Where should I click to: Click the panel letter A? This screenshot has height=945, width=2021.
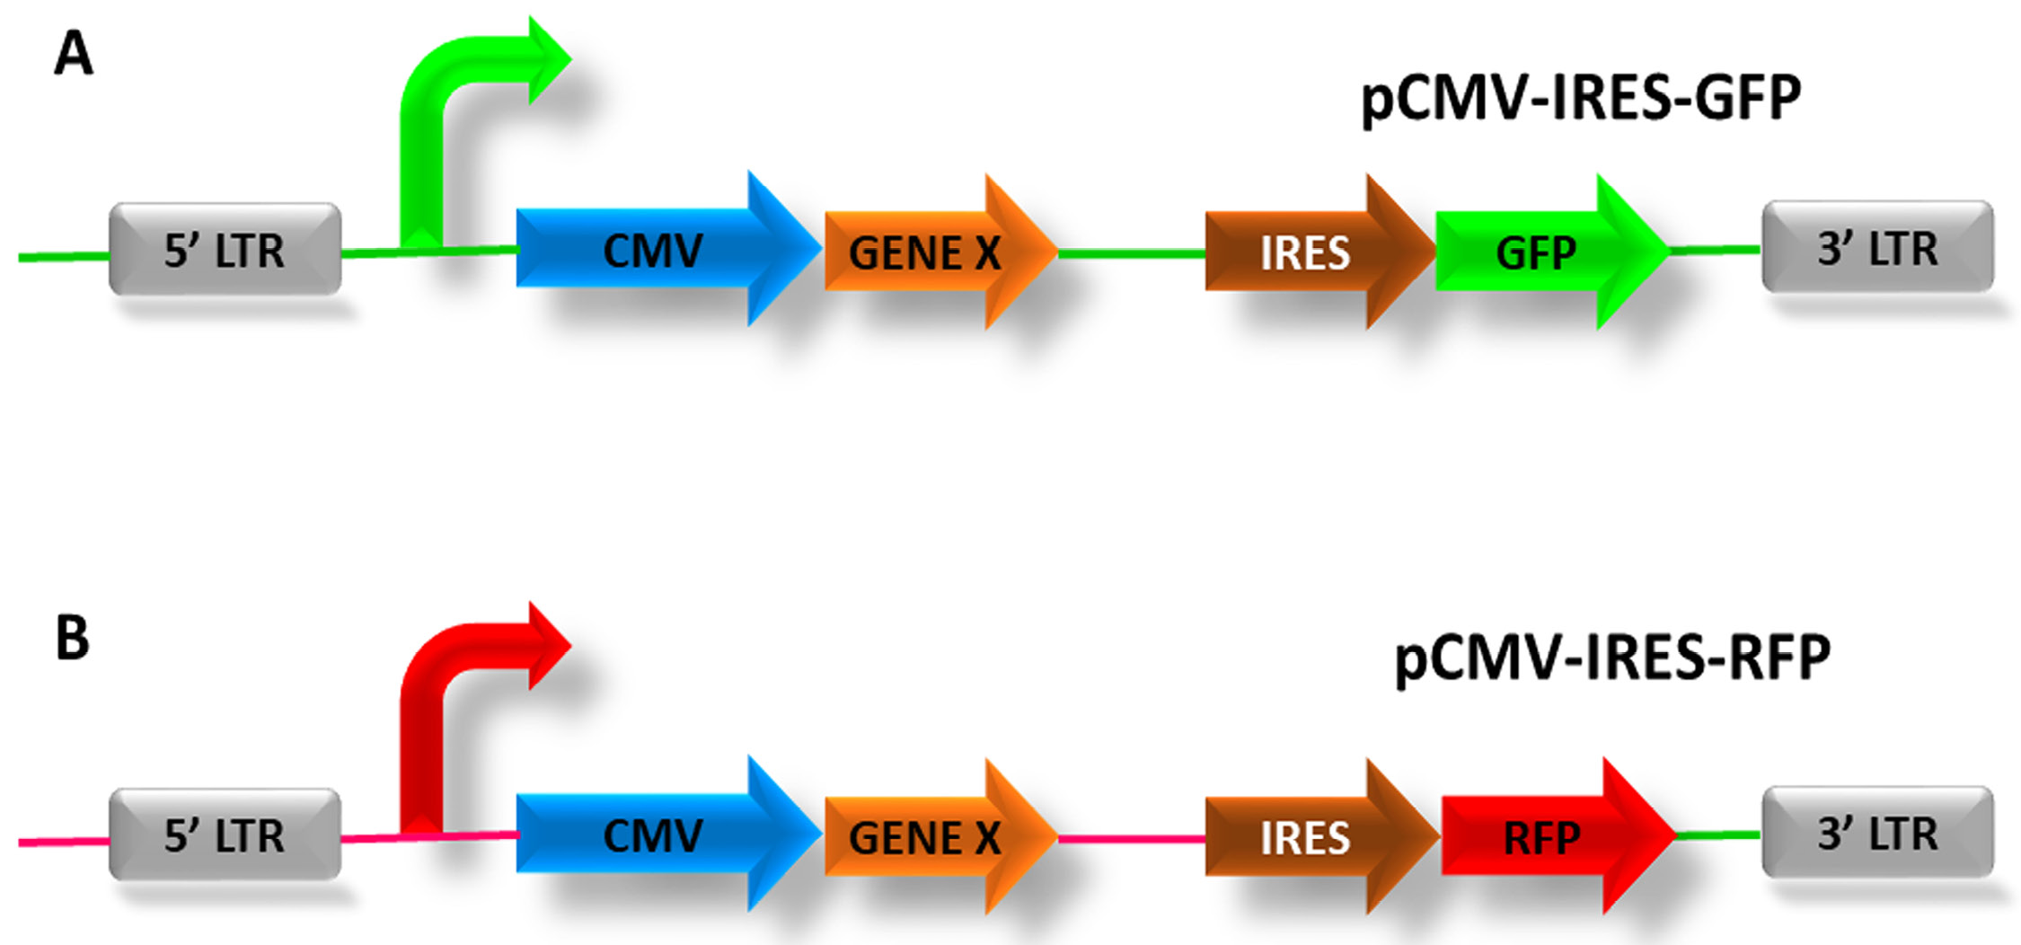point(74,54)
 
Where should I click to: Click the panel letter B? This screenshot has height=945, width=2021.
point(73,638)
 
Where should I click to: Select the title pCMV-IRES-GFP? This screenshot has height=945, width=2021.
point(1580,99)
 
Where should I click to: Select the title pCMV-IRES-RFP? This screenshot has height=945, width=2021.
point(1612,658)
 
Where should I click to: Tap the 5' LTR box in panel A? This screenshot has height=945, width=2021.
point(225,250)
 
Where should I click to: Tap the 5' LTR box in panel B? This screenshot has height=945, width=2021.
point(225,835)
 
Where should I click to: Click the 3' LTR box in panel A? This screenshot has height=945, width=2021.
point(1877,247)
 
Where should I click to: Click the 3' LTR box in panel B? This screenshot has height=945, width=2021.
point(1877,833)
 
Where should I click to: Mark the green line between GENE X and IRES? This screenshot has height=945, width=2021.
point(1132,254)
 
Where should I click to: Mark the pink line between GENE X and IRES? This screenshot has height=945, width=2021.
point(1132,839)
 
